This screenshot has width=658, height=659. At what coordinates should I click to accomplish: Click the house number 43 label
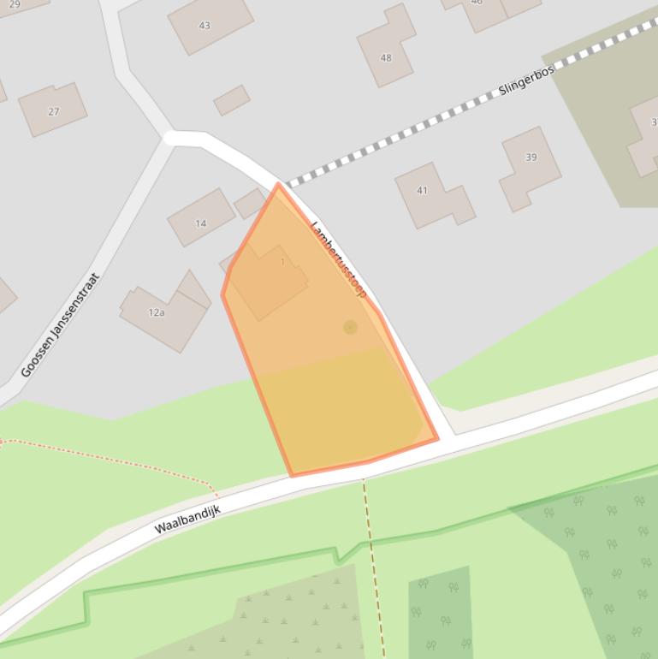click(x=205, y=26)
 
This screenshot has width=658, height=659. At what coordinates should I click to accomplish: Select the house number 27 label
click(x=54, y=112)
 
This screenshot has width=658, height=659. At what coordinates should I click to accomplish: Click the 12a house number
click(x=157, y=312)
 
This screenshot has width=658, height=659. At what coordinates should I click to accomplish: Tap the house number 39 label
click(x=531, y=157)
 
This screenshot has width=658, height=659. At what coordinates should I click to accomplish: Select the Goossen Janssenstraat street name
click(x=61, y=325)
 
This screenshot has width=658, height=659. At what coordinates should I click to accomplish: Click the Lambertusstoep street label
click(x=339, y=259)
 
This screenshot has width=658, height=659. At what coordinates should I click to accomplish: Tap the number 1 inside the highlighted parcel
click(x=283, y=262)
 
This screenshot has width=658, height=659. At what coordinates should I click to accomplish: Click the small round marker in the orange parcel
click(x=350, y=327)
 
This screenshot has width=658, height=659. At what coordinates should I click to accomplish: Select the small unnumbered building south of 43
click(x=231, y=100)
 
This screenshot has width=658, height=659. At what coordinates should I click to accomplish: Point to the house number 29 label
click(x=15, y=4)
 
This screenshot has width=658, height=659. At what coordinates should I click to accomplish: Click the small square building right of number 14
click(x=250, y=203)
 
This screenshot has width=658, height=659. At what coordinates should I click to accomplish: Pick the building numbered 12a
click(x=167, y=317)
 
